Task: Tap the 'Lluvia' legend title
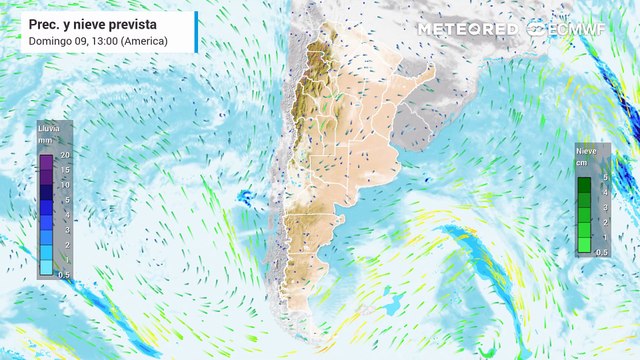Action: [x=47, y=128]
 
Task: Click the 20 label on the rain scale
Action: [x=63, y=155]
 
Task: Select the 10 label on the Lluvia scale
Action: [x=63, y=185]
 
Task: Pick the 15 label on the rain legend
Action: [x=63, y=170]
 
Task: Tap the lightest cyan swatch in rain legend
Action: [x=46, y=268]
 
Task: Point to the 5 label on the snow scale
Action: [x=601, y=176]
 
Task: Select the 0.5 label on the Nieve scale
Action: [x=602, y=252]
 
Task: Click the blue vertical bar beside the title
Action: [x=196, y=31]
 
